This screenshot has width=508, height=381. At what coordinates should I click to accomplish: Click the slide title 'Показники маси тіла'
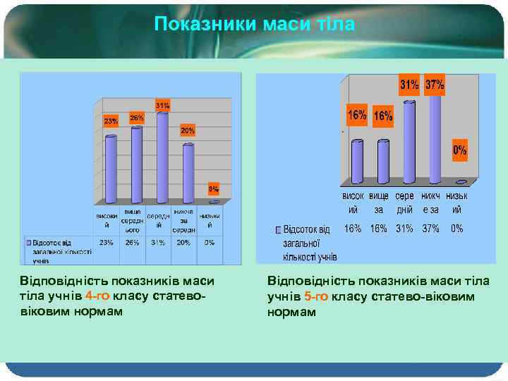tap(255, 24)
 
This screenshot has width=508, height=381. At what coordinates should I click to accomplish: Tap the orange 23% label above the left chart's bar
tap(111, 121)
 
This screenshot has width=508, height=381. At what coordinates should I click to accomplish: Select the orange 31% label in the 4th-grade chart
tap(162, 105)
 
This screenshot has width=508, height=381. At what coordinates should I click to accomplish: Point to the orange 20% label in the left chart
tap(187, 131)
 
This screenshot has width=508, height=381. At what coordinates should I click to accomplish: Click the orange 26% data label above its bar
tap(137, 118)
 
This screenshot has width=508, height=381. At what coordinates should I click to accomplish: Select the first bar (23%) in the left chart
tap(111, 169)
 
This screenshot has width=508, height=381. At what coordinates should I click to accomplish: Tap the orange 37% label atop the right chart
tap(434, 85)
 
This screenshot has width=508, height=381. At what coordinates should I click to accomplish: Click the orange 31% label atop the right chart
tap(410, 85)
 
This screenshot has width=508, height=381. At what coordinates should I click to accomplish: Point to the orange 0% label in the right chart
tap(459, 150)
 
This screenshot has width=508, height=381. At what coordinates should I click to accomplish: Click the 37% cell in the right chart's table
tap(430, 229)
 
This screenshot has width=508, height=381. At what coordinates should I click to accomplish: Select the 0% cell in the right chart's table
tap(457, 229)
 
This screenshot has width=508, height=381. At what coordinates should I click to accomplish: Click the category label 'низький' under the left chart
tap(210, 220)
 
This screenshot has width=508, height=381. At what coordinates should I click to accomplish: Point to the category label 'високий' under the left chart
tap(107, 220)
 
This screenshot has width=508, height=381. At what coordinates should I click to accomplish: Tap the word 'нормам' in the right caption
tap(291, 311)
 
